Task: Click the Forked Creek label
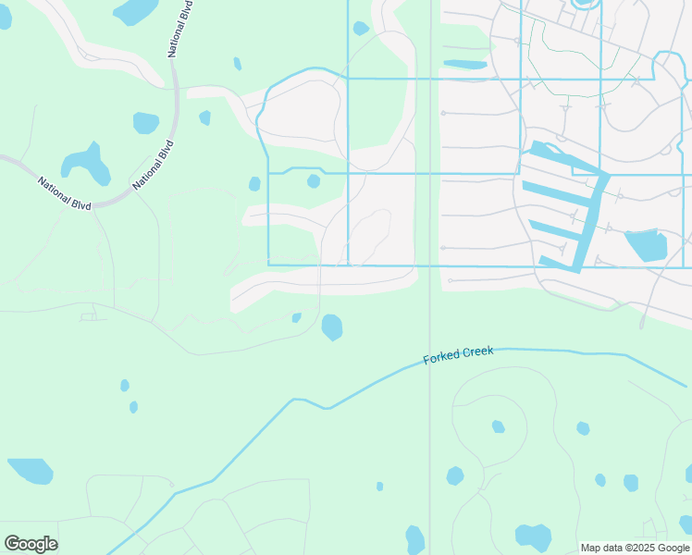coord(459,355)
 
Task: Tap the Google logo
coord(31,544)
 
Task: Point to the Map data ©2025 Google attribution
coord(636,548)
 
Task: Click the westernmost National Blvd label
coord(65,192)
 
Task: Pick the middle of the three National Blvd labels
coord(154,164)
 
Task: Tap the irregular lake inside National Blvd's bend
coord(86,165)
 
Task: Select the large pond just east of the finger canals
coord(647,245)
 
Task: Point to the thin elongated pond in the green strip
coord(464,64)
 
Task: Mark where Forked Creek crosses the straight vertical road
coord(429,359)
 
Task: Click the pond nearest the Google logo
coord(31,471)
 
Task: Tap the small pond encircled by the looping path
coord(498,426)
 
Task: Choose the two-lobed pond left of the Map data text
coord(533,536)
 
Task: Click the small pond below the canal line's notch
coord(314,181)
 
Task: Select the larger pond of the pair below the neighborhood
coord(332,327)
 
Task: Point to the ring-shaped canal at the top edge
coord(584,4)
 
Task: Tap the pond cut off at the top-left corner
coord(5,17)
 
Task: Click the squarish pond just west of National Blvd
coord(146,123)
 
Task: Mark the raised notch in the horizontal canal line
coord(305,169)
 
